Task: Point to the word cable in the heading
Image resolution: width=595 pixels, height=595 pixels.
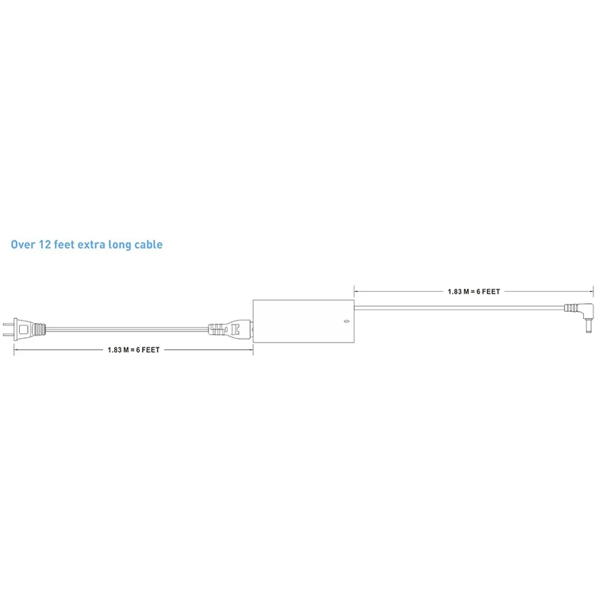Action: [148, 245]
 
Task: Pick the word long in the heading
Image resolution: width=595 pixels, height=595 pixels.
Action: [120, 245]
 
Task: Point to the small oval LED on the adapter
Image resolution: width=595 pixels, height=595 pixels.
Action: [345, 322]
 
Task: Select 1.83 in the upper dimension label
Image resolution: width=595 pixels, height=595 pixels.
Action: [455, 292]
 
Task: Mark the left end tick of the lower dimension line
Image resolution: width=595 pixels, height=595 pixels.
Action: [13, 350]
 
